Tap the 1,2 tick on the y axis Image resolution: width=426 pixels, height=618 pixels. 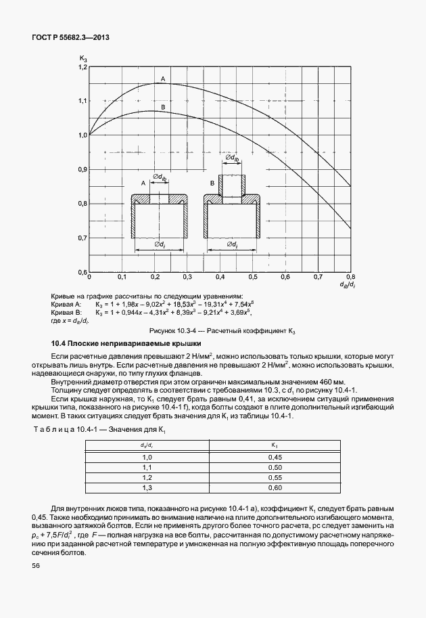click(x=83, y=67)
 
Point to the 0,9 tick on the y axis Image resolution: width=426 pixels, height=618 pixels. click(x=83, y=169)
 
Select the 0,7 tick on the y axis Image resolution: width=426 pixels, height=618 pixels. click(x=83, y=238)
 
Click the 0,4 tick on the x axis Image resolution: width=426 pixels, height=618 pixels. click(x=220, y=278)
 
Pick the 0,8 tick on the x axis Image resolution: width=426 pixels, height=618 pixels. click(x=351, y=278)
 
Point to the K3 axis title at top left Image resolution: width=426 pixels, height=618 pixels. click(x=83, y=60)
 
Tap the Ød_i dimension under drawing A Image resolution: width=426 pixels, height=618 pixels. click(x=160, y=244)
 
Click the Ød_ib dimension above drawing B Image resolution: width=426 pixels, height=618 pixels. click(x=232, y=158)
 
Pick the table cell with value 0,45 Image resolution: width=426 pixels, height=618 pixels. click(x=275, y=458)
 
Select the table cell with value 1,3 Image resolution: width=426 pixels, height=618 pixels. click(x=147, y=488)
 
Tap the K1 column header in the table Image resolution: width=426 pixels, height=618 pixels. click(x=275, y=445)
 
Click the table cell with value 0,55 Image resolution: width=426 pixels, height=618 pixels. click(x=275, y=478)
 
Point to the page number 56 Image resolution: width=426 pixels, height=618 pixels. click(x=36, y=565)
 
